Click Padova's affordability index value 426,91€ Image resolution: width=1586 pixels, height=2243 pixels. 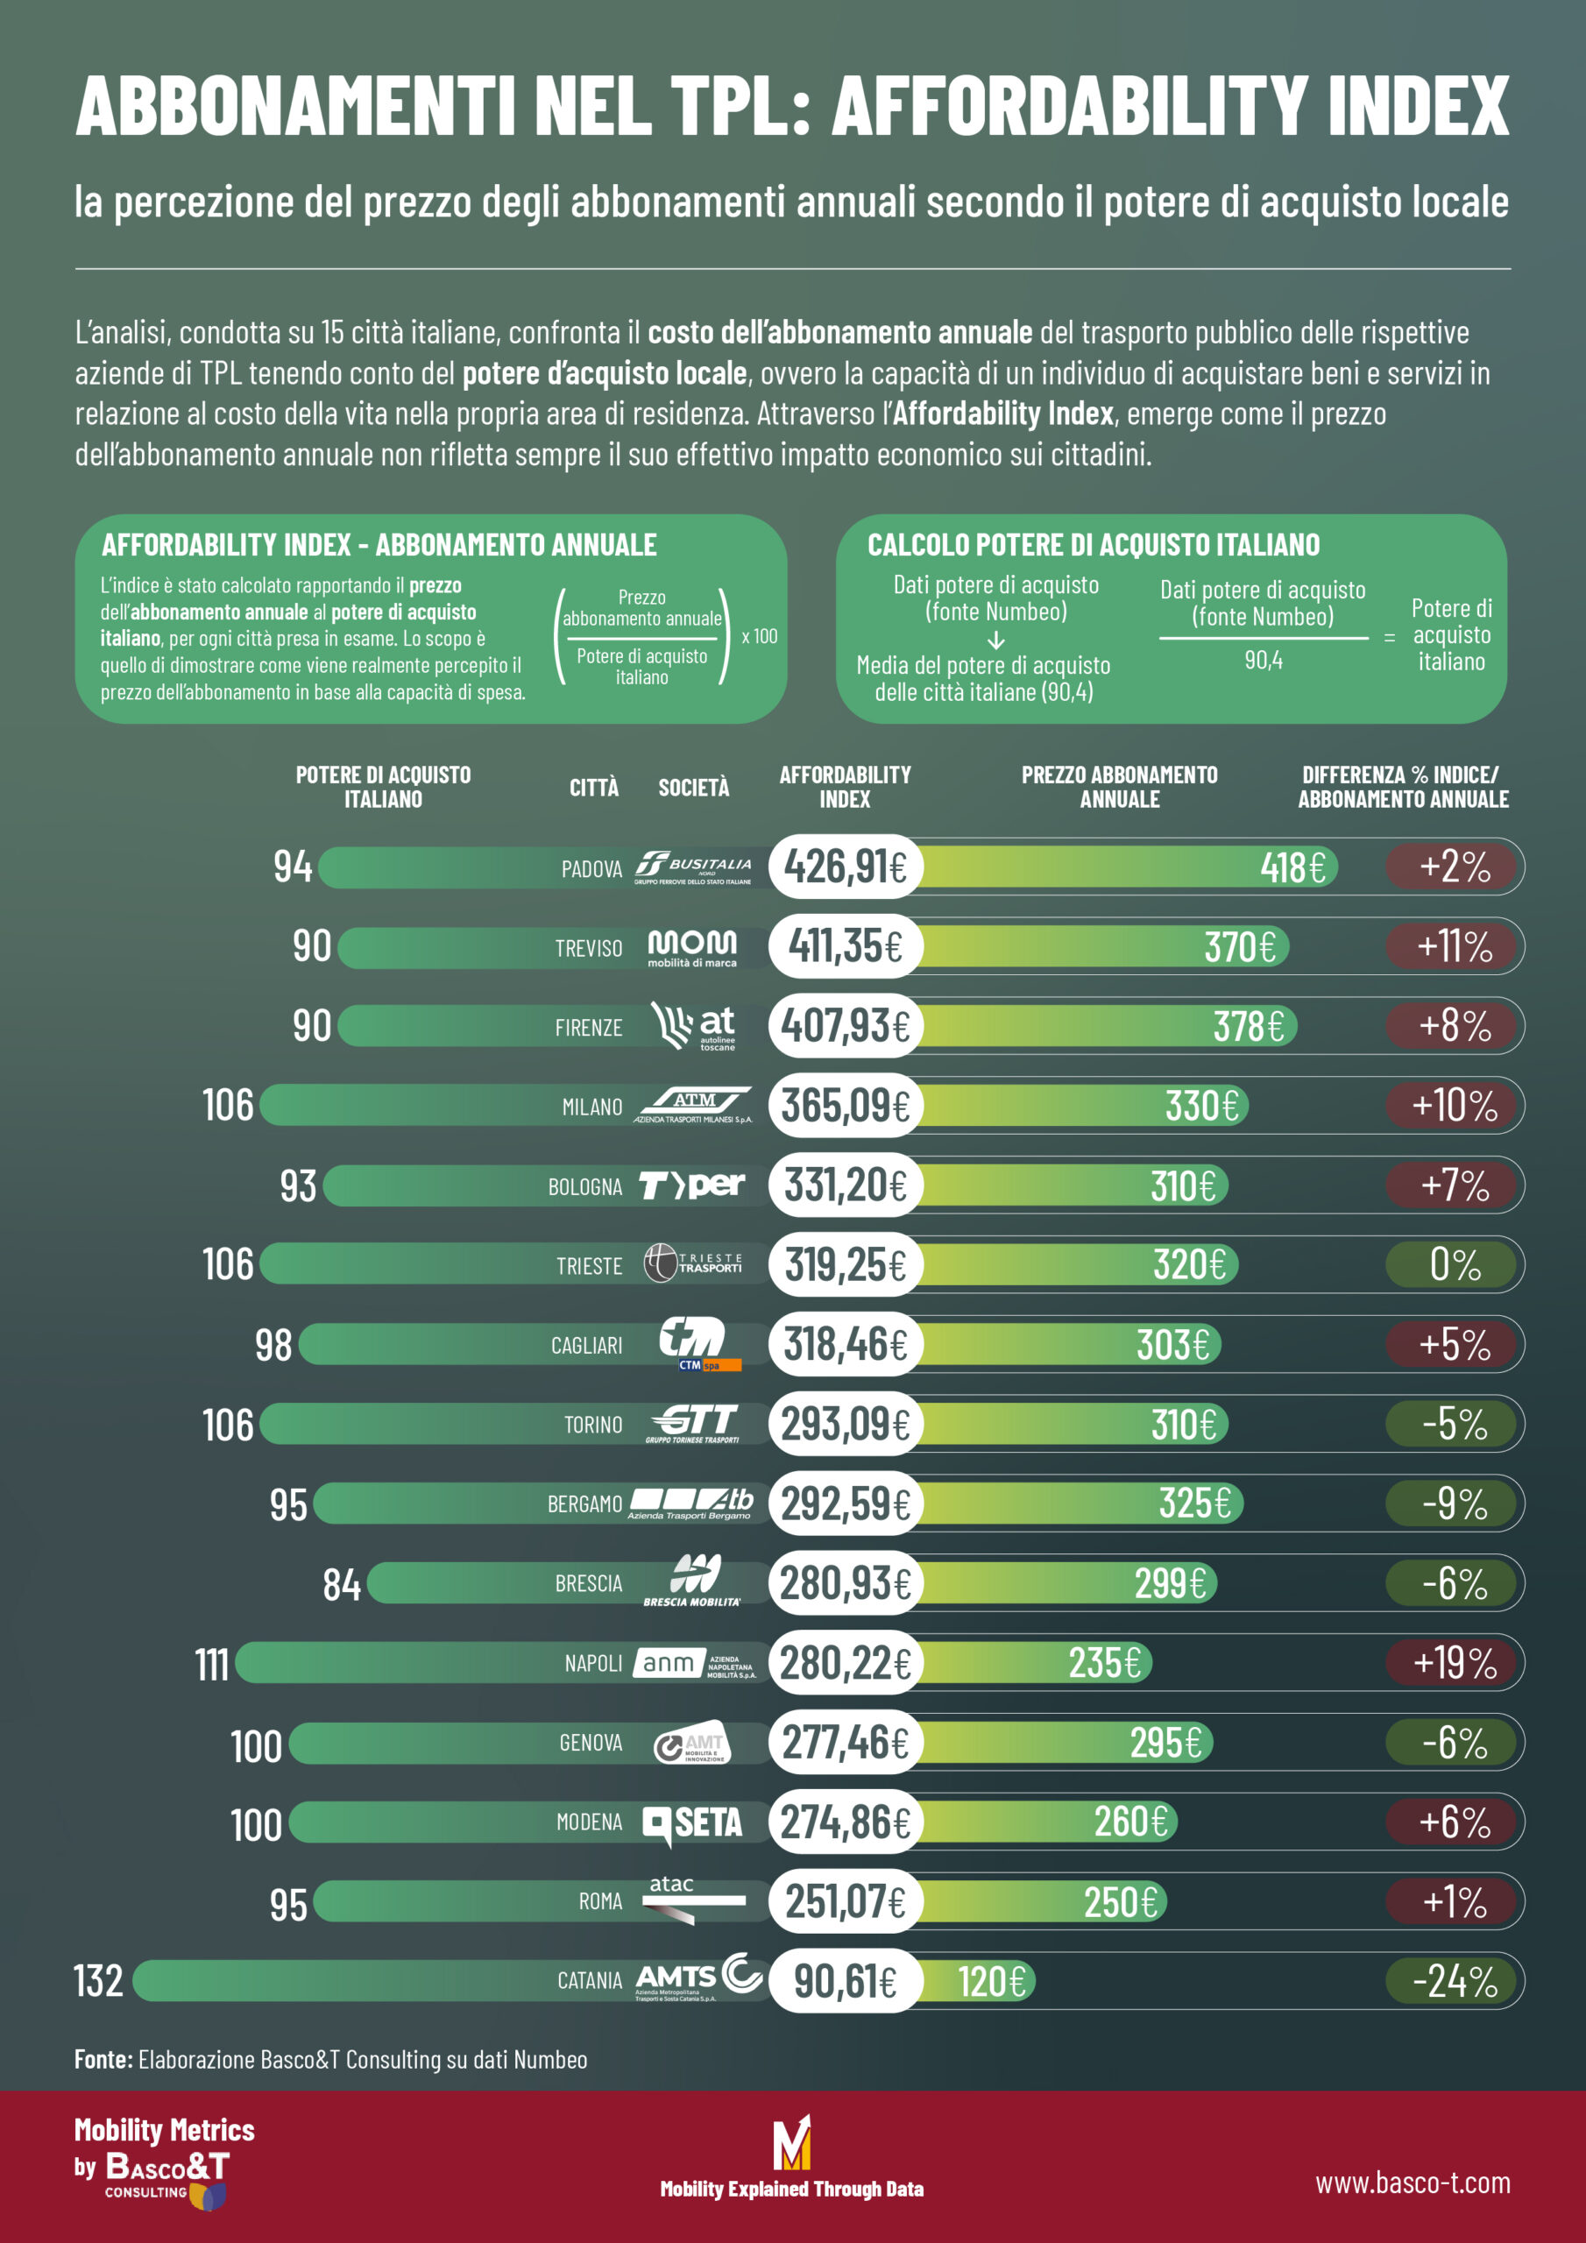click(845, 867)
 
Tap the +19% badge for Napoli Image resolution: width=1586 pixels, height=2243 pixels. click(1453, 1663)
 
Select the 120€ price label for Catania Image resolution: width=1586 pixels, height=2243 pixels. click(991, 1981)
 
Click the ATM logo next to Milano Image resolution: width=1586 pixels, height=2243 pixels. click(694, 1105)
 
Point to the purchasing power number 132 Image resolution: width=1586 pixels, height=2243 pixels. click(99, 1981)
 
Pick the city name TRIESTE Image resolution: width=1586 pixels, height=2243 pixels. click(588, 1266)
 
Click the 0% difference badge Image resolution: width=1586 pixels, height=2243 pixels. click(1453, 1265)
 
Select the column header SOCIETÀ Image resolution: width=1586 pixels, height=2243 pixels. click(693, 788)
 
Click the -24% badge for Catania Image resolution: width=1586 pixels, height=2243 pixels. click(1453, 1981)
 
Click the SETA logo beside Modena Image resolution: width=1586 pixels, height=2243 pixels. click(692, 1823)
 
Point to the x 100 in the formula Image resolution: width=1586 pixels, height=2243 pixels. click(760, 637)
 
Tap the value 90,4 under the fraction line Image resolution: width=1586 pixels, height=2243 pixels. click(1263, 661)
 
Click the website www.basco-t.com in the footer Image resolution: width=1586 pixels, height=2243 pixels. click(1412, 2183)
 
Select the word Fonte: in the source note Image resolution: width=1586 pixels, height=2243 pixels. click(103, 2059)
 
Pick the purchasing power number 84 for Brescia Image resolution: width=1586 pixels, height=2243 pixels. click(342, 1583)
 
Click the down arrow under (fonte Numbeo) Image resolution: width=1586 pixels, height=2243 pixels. click(995, 640)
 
